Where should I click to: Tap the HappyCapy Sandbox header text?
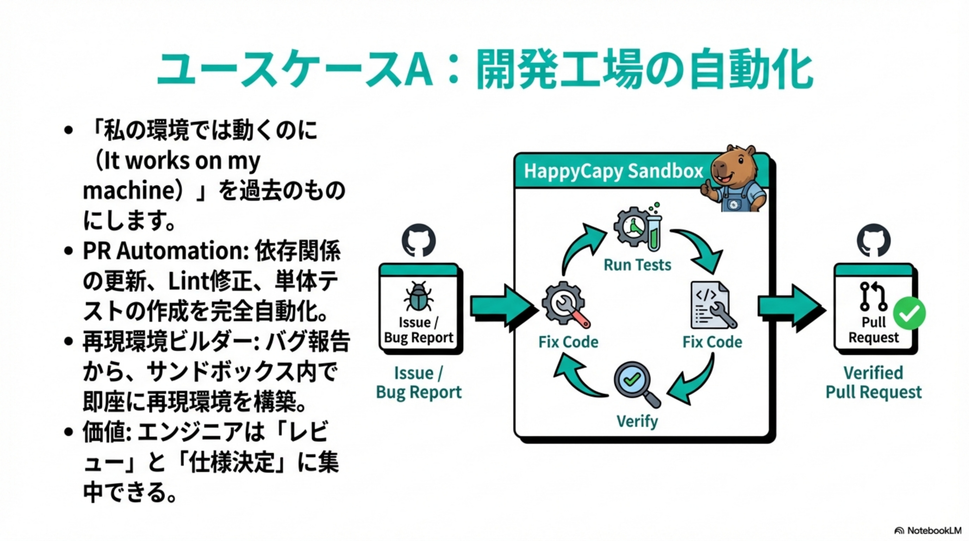pyautogui.click(x=613, y=172)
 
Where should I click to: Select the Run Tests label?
pyautogui.click(x=637, y=265)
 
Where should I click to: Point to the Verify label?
pyautogui.click(x=637, y=421)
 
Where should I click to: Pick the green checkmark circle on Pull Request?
pyautogui.click(x=909, y=313)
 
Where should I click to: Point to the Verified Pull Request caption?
pyautogui.click(x=874, y=382)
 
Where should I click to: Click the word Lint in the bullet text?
pyautogui.click(x=188, y=281)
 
